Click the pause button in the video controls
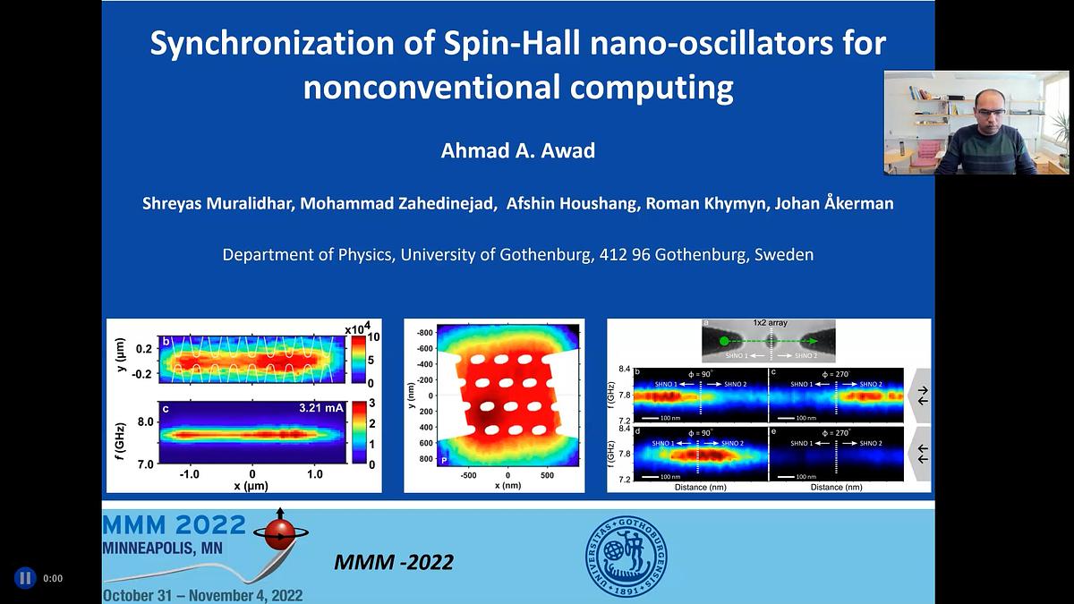click(x=25, y=578)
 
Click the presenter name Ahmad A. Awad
click(x=517, y=150)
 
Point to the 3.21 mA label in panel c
click(x=320, y=408)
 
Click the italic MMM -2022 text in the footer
click(x=393, y=563)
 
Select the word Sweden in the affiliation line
click(x=784, y=254)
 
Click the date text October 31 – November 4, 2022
click(x=202, y=595)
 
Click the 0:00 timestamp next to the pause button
click(x=53, y=578)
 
